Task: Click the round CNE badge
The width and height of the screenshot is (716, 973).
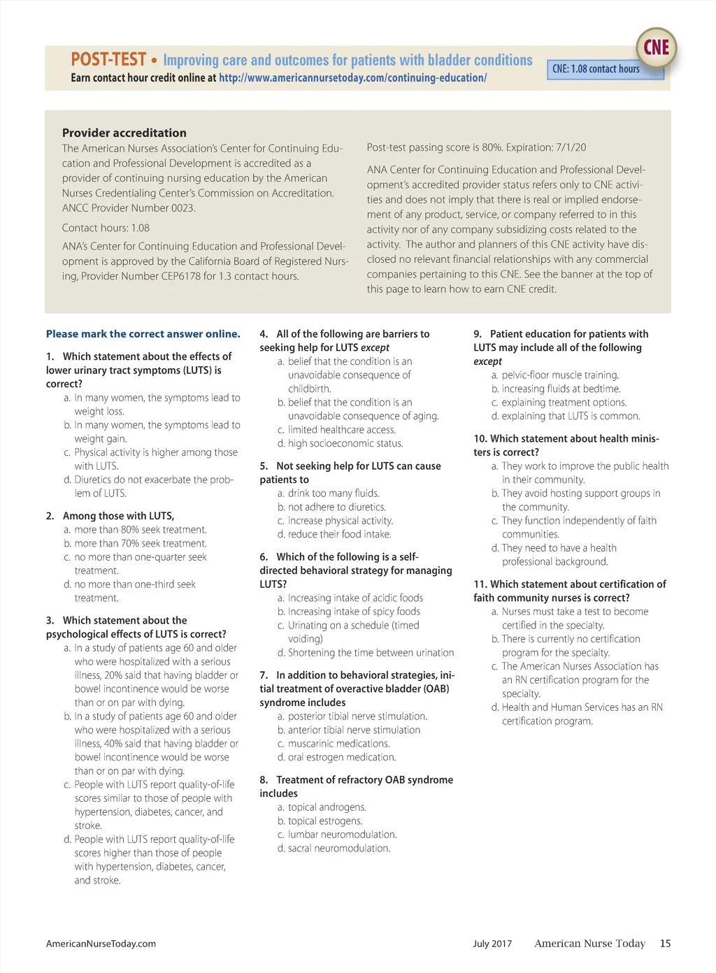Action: point(656,48)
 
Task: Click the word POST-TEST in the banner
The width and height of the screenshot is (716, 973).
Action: point(108,59)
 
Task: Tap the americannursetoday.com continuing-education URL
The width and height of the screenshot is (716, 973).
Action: point(352,78)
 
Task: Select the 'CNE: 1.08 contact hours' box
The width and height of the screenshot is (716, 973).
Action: point(596,69)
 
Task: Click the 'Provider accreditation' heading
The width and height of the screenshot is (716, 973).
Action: point(124,133)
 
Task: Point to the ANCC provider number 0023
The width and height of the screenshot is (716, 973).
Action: point(183,208)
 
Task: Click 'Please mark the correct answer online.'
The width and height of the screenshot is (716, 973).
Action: point(143,334)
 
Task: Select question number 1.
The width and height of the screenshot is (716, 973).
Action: point(50,356)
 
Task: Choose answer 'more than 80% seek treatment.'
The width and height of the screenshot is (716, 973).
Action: point(141,530)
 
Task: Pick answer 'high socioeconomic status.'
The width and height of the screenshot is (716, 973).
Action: point(345,443)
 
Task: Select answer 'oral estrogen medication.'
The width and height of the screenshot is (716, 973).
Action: point(342,757)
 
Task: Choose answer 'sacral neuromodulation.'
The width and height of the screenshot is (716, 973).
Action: point(339,849)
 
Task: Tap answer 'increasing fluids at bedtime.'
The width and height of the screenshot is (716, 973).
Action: point(561,389)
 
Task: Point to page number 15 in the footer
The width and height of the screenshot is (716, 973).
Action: point(665,944)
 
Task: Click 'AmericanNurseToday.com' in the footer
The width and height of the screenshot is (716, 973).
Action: point(101,944)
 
